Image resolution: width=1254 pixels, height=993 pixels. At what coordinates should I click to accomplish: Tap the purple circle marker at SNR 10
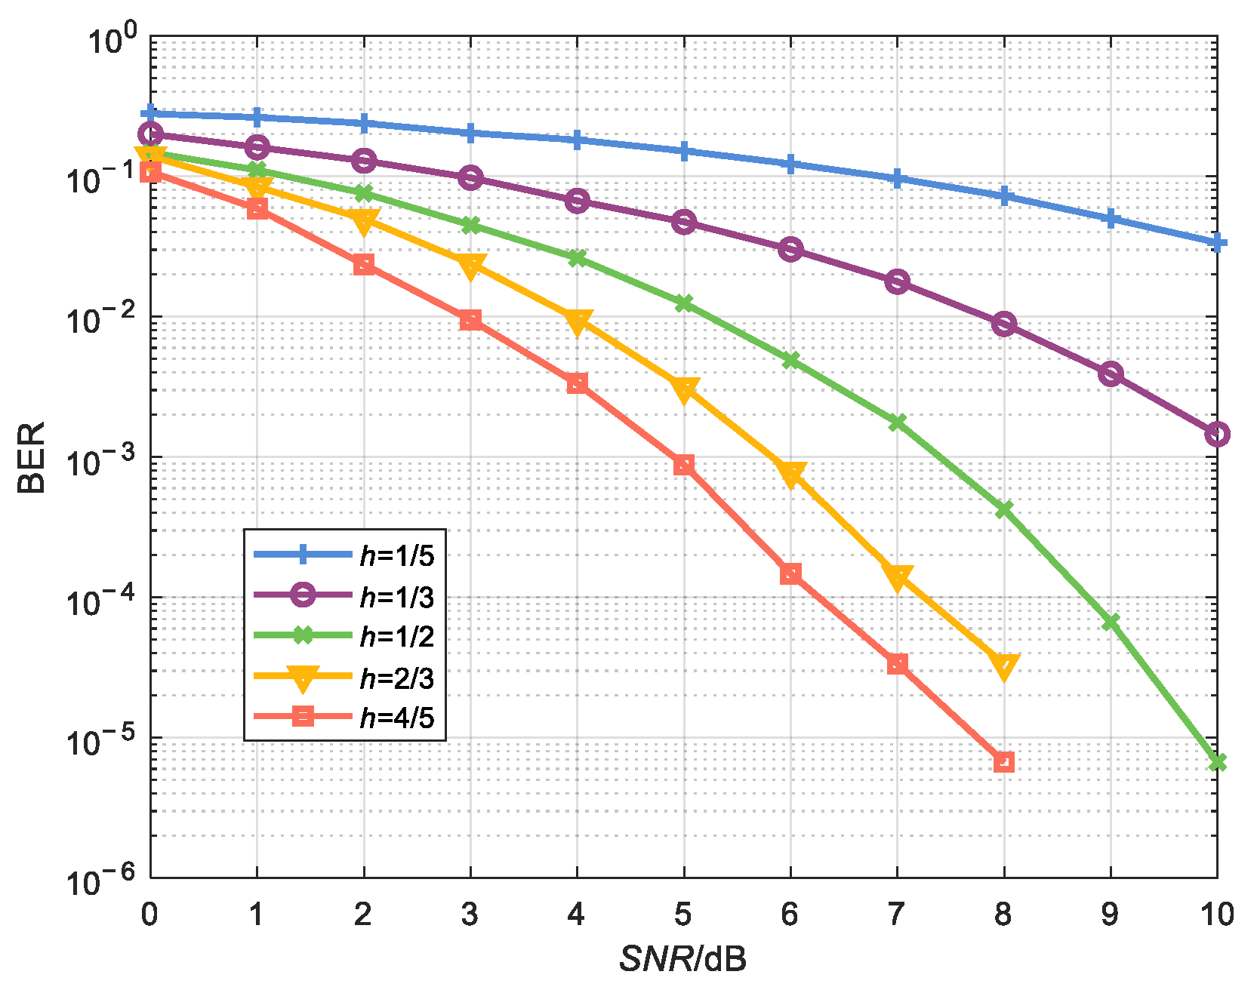point(1217,434)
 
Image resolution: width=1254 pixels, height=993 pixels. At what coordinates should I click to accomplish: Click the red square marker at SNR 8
point(1003,761)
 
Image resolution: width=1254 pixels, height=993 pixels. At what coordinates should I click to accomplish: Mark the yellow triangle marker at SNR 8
point(1003,666)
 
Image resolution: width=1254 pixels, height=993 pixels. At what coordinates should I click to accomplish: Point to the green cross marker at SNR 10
point(1217,762)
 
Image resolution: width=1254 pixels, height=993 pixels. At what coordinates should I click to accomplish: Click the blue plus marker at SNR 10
point(1217,243)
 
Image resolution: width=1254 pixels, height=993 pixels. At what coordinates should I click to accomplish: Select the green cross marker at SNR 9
point(1111,622)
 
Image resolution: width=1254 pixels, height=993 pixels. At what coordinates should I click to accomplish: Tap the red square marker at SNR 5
point(684,465)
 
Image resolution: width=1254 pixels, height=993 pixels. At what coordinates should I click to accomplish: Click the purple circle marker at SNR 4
point(578,201)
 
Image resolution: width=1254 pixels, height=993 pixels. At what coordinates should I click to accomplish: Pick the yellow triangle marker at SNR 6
point(790,474)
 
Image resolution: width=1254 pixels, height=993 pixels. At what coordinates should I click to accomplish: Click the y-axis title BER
point(32,457)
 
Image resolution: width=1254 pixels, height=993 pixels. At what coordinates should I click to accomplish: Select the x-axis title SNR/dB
point(683,959)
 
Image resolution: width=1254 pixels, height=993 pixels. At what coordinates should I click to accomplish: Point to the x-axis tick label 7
point(897,915)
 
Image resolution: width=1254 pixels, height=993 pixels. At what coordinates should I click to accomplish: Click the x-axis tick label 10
point(1216,915)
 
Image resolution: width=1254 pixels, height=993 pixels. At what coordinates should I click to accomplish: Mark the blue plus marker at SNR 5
point(684,152)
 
